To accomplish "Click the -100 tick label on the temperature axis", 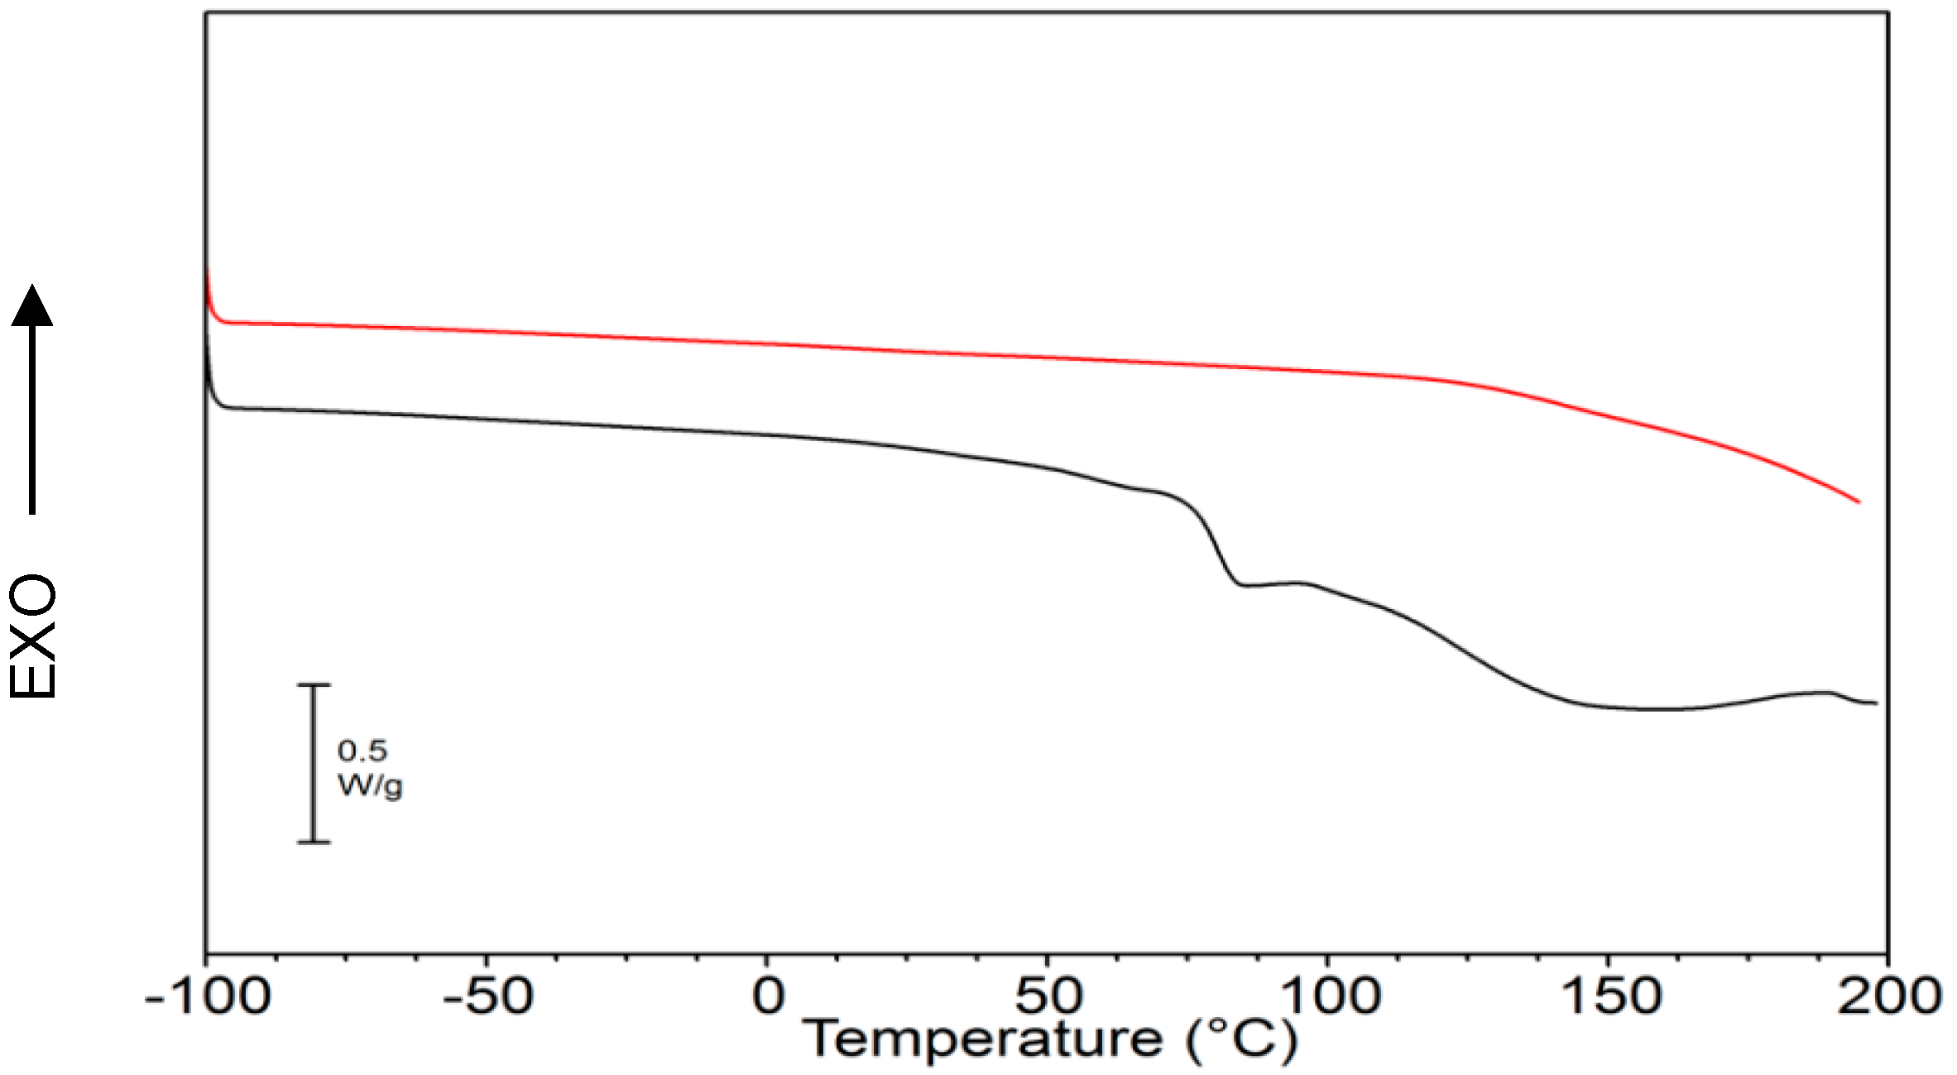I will (x=207, y=996).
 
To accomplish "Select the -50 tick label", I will (x=487, y=996).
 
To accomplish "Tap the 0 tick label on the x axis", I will (x=767, y=996).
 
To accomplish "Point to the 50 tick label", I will (x=1048, y=996).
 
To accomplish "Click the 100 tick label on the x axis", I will (x=1329, y=996).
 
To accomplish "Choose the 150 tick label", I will (x=1609, y=996).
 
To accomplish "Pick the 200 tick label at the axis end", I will (x=1889, y=996).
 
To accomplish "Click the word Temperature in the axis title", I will (x=982, y=1039).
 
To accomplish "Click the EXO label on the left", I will (x=33, y=636).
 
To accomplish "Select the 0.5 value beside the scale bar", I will (x=362, y=751).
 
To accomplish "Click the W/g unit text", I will (x=370, y=785).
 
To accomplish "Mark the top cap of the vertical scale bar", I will (x=314, y=685).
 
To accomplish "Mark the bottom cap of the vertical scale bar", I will (x=314, y=842).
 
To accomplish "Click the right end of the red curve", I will (x=1859, y=502).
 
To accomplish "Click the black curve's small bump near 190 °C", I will (x=1825, y=692).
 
